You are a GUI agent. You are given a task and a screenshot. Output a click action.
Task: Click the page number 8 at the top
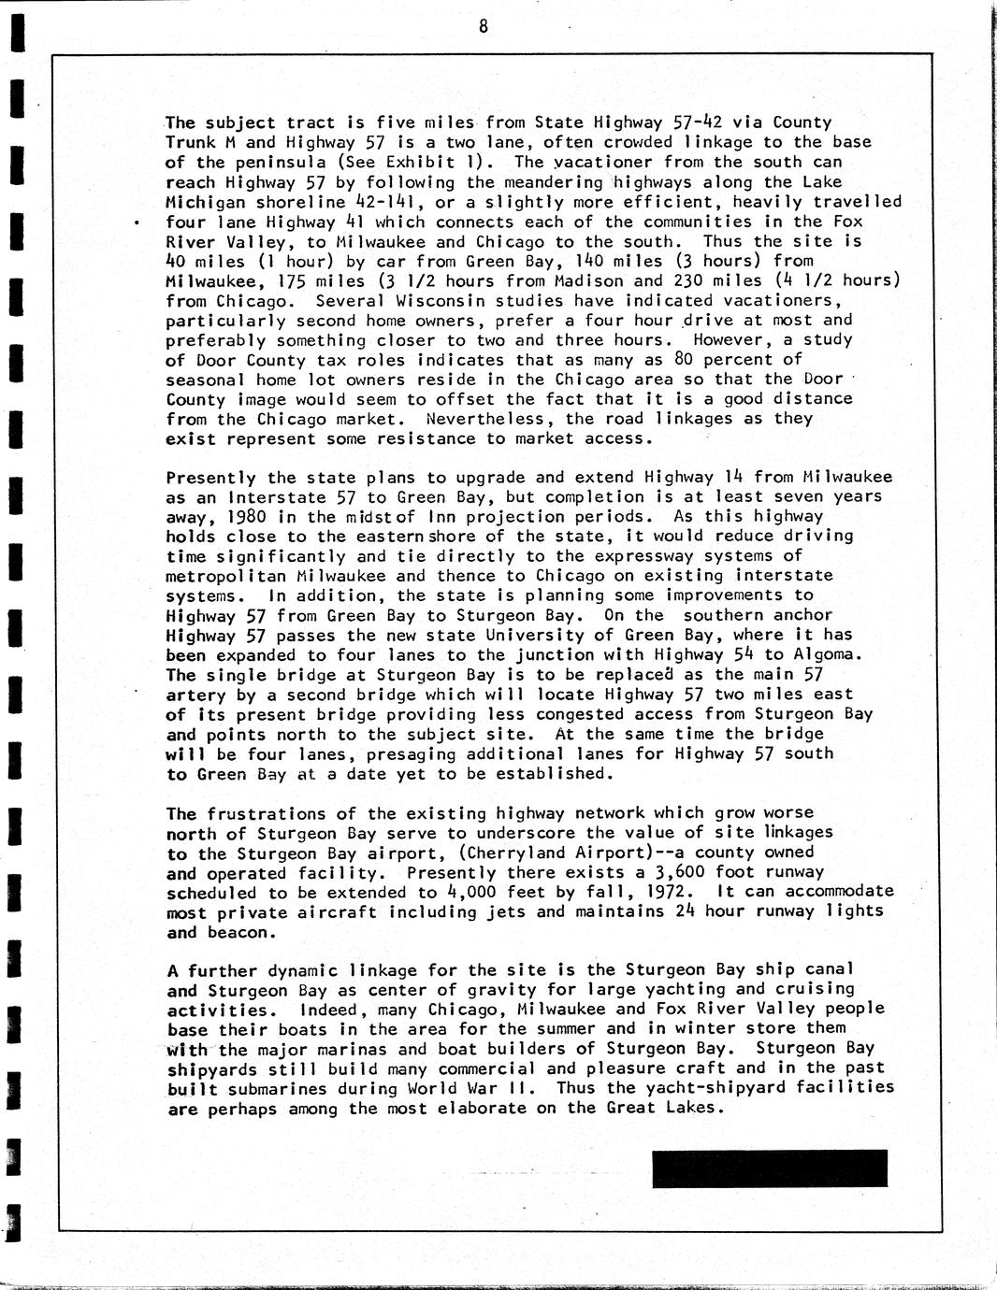(483, 26)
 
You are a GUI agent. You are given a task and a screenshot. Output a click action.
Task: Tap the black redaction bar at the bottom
(769, 1168)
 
